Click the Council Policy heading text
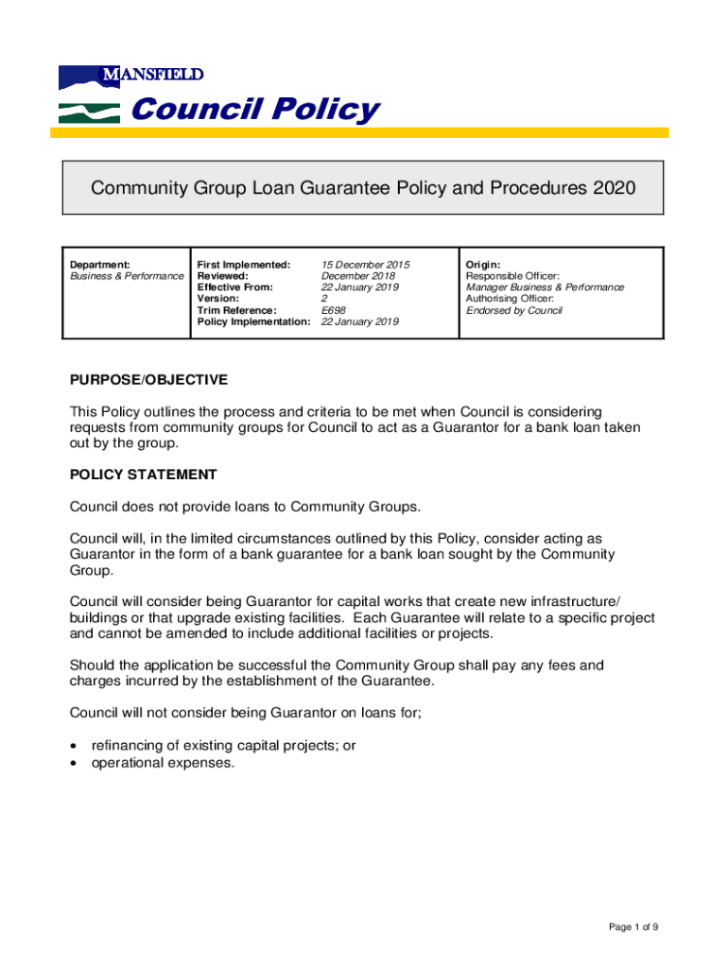(254, 111)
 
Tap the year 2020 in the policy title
(615, 188)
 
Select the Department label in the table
(100, 265)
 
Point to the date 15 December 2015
(365, 265)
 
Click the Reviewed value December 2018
(359, 276)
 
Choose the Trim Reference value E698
(334, 310)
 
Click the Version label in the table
(217, 299)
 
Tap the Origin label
(483, 265)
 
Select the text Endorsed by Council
(513, 310)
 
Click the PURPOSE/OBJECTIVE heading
(148, 380)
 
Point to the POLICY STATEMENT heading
(143, 475)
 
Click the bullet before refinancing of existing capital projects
(75, 746)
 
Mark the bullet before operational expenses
(75, 762)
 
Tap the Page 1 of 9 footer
(633, 927)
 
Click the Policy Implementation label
(253, 321)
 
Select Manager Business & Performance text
(545, 287)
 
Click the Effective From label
(234, 287)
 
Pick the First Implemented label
(243, 265)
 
